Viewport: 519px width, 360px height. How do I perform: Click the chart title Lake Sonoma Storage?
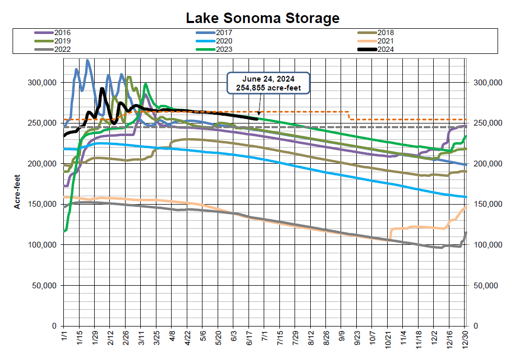pyautogui.click(x=263, y=18)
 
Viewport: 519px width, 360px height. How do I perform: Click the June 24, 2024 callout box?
pyautogui.click(x=268, y=83)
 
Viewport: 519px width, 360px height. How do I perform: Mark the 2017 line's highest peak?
pyautogui.click(x=87, y=60)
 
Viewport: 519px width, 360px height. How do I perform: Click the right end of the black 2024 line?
pyautogui.click(x=257, y=119)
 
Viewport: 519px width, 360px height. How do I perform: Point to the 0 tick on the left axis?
pyautogui.click(x=54, y=326)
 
